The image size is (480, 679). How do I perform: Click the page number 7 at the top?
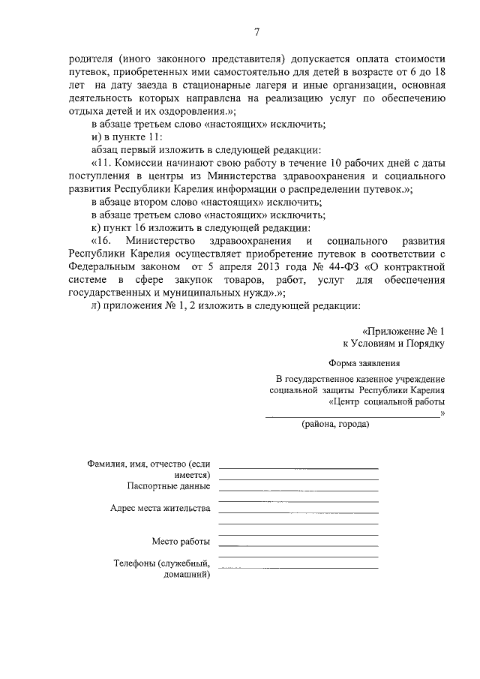click(256, 32)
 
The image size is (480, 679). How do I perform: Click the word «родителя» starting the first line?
click(90, 58)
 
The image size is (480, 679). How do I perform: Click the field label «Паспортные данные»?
click(169, 486)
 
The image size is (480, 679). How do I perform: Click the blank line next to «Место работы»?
click(298, 542)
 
